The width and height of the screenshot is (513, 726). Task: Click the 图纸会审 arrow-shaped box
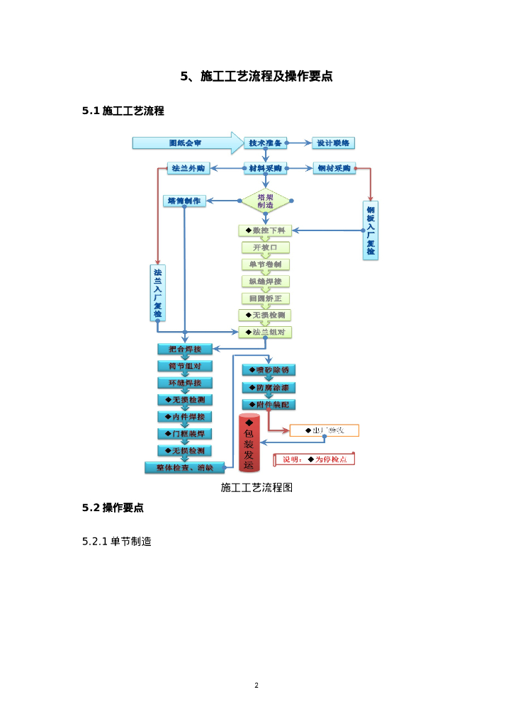[186, 143]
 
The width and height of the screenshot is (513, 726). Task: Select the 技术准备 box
[265, 143]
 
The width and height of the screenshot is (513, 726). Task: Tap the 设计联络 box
[333, 143]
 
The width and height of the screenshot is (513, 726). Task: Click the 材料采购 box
[265, 169]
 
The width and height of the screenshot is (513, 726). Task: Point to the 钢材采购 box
[333, 169]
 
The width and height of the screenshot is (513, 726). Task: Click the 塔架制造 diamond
[266, 201]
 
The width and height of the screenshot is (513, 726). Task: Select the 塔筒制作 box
[184, 201]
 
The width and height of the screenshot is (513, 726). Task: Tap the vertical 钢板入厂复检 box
[370, 230]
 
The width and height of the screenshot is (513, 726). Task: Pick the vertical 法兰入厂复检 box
[157, 292]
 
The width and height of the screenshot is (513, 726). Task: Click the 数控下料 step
[265, 230]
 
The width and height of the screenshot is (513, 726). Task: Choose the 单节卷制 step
[265, 264]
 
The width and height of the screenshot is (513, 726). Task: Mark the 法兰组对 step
[265, 332]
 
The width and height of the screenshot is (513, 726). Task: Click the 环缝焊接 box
[184, 383]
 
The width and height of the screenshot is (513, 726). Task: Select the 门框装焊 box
[184, 433]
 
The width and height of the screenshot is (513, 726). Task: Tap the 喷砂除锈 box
[269, 370]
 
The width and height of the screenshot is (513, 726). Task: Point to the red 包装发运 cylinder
[249, 442]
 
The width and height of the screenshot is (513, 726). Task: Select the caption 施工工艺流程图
[256, 488]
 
